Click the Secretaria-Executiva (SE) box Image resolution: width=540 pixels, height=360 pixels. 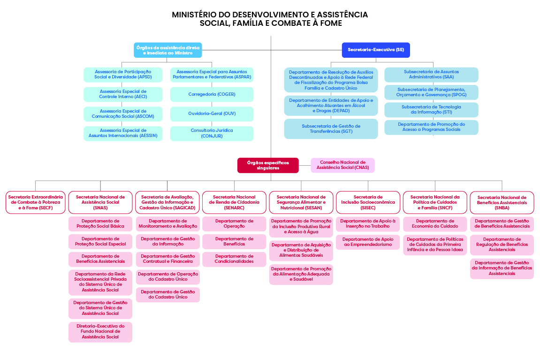(376, 50)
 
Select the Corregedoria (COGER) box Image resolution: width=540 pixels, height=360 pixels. (212, 94)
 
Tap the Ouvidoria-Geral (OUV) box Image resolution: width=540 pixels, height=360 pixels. (212, 114)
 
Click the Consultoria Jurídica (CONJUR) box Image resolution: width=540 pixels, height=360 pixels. (212, 133)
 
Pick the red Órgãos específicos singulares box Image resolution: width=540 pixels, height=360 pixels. (268, 165)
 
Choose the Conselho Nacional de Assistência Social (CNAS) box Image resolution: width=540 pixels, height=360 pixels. (342, 165)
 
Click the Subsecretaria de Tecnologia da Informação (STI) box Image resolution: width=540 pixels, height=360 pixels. (431, 109)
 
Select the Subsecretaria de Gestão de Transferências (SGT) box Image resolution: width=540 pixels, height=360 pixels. (331, 129)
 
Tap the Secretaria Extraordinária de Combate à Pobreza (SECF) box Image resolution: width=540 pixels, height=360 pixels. (36, 202)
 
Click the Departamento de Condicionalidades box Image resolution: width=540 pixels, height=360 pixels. (234, 259)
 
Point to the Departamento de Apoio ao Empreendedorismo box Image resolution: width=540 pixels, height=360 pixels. (368, 242)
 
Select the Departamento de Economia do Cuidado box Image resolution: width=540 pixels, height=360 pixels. (435, 223)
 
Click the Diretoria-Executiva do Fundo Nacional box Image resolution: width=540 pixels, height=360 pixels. (100, 331)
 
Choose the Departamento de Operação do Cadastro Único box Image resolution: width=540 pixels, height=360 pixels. (168, 276)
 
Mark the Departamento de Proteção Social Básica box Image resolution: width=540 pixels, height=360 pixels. (100, 223)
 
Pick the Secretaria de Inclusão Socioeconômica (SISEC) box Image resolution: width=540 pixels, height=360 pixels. (368, 202)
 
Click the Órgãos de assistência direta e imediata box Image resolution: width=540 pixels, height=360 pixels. (167, 50)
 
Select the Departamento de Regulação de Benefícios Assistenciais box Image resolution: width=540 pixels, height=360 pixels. (502, 245)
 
